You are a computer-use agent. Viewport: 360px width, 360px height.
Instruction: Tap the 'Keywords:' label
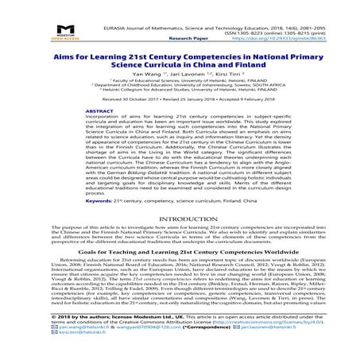coord(86,201)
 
